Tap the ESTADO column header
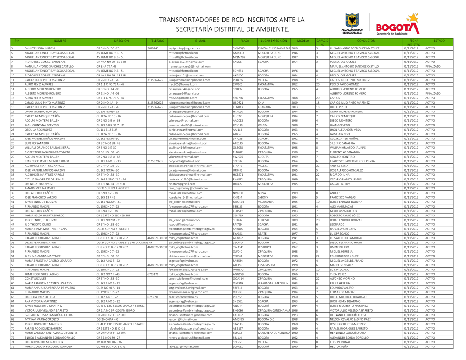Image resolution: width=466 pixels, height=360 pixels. pyautogui.click(x=439, y=41)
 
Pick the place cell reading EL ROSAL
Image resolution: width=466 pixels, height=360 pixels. pyautogui.click(x=265, y=219)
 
